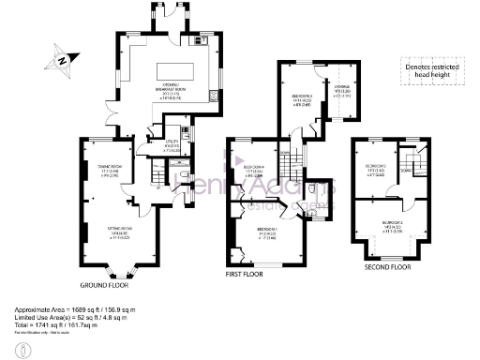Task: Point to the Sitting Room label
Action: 98,231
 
